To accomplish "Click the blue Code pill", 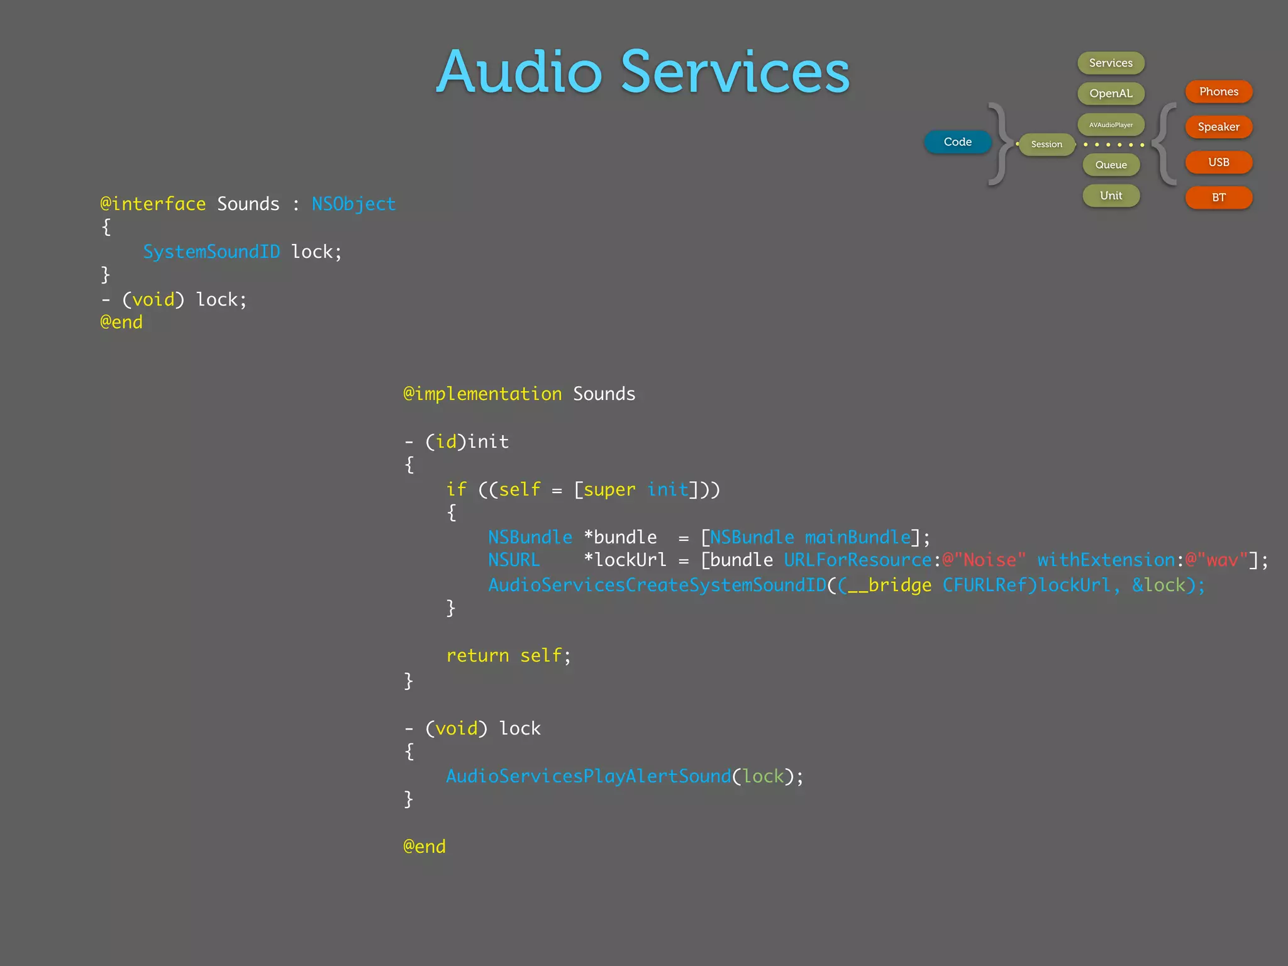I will (x=957, y=142).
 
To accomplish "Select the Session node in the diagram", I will (x=1046, y=144).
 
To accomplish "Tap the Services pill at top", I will (x=1111, y=63).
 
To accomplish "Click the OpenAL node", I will (x=1111, y=93).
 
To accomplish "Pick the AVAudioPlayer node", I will (x=1111, y=125).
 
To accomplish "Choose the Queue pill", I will (x=1111, y=165).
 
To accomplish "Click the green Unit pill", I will (x=1111, y=196).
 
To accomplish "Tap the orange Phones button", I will (x=1218, y=92).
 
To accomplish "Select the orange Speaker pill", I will (x=1218, y=127).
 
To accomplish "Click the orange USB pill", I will (x=1218, y=162).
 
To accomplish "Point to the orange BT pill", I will (x=1218, y=197).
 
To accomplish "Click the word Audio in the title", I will (x=519, y=72).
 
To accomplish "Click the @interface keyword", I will (x=153, y=204).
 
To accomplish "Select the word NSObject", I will (x=353, y=204).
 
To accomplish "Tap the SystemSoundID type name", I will (x=211, y=252).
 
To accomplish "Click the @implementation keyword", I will (x=482, y=394).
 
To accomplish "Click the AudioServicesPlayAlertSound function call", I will (x=589, y=776).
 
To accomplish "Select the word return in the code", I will (x=477, y=655).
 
